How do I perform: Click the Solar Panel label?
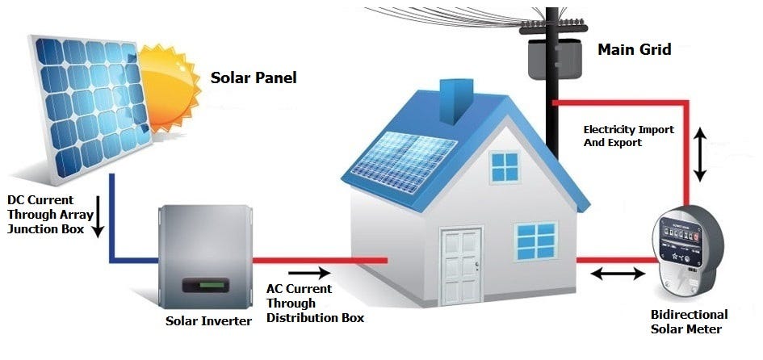pos(254,78)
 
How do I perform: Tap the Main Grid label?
pos(634,49)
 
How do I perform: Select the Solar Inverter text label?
pos(208,320)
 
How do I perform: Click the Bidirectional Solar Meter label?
pos(689,321)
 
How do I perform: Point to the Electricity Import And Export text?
pos(628,136)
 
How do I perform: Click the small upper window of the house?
pos(505,167)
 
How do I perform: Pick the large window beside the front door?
pos(536,241)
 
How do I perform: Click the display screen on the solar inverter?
pos(208,286)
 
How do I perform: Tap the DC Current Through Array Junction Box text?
pos(45,214)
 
